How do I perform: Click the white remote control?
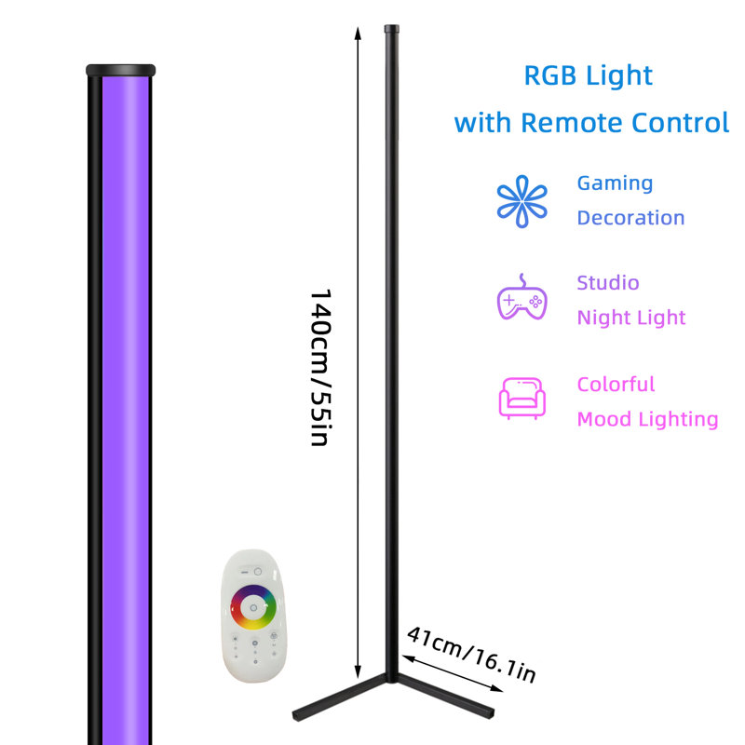pos(253,616)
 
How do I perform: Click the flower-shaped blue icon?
pos(521,201)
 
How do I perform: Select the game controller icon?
pos(521,298)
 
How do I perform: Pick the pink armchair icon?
pos(521,399)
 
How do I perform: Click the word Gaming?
pos(615,183)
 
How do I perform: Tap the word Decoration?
pos(630,218)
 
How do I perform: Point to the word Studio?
pos(608,283)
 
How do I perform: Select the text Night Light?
pos(631,318)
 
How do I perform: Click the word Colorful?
pos(616,384)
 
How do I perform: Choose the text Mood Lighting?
pos(647,419)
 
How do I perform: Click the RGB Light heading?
pos(589,76)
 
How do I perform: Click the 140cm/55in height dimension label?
pos(320,367)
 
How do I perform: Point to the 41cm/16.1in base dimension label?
pos(471,655)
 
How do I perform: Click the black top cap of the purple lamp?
pos(121,70)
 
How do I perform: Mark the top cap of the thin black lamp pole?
pos(391,29)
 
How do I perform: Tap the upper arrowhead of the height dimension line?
pos(358,34)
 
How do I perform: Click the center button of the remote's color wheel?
pos(253,608)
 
